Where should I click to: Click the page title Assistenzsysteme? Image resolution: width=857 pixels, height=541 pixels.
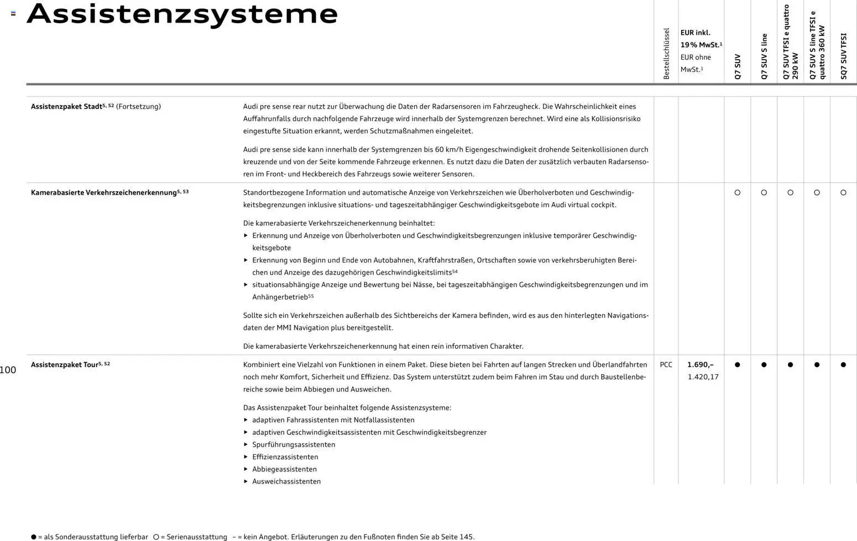click(x=182, y=14)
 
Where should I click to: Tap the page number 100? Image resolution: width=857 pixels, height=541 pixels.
click(x=8, y=370)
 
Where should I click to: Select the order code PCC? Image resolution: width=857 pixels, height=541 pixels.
click(x=666, y=365)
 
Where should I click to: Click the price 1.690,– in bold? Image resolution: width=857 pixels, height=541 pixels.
click(x=700, y=365)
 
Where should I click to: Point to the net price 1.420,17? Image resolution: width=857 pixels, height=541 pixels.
click(x=703, y=377)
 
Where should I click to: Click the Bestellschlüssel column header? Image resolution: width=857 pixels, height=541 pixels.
click(x=666, y=54)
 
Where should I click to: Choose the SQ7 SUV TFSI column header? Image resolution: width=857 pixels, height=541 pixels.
click(x=843, y=56)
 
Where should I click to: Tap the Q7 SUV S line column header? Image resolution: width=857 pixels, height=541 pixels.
click(x=764, y=56)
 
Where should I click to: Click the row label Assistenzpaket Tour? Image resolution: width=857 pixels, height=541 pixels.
click(x=64, y=365)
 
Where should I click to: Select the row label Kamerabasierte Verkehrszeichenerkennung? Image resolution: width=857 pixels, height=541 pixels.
click(x=104, y=192)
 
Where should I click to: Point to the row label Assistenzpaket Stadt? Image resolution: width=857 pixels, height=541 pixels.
click(x=66, y=106)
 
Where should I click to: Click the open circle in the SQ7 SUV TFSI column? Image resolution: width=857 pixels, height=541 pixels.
click(x=843, y=193)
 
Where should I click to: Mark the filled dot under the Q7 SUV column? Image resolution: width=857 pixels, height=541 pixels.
click(x=737, y=365)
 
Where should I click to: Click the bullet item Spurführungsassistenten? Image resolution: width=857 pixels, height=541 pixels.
click(x=294, y=445)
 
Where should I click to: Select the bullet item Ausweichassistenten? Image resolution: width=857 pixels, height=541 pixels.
click(x=286, y=481)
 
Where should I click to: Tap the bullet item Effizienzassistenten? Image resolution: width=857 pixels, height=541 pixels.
click(x=285, y=457)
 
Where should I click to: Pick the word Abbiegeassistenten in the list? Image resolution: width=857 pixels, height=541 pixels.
click(x=284, y=469)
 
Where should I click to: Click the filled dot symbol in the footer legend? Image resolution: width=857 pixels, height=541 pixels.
click(x=34, y=537)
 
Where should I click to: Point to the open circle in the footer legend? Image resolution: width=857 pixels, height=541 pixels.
click(x=156, y=537)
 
